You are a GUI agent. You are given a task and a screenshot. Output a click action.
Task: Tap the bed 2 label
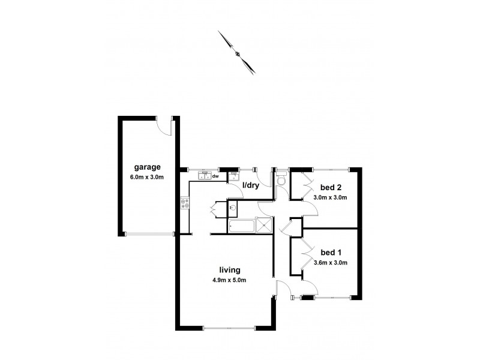329,187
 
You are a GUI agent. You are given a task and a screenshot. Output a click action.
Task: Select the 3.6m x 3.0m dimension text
330,262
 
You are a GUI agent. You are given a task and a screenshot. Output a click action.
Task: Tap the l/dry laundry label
251,186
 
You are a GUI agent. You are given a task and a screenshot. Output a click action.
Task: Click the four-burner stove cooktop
184,205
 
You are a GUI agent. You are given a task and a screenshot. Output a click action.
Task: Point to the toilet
281,181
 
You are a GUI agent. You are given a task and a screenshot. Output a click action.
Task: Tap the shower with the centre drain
263,227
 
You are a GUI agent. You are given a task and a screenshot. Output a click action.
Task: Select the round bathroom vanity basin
233,209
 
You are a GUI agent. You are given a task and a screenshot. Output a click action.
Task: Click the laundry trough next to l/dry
233,176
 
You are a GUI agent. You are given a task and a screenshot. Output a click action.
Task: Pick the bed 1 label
329,253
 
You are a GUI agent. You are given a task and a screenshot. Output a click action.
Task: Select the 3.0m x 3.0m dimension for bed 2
330,197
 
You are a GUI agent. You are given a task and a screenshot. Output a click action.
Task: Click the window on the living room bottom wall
227,328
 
